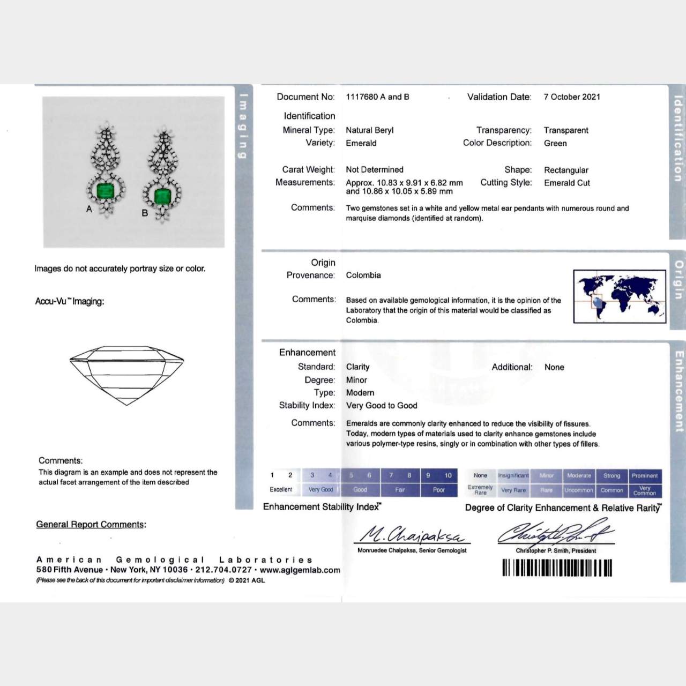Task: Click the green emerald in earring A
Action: (x=105, y=190)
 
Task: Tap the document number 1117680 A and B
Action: (x=377, y=97)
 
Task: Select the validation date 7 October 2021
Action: (x=572, y=97)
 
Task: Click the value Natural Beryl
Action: (x=369, y=130)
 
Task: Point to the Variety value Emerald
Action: (x=361, y=143)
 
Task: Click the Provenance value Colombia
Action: (x=363, y=275)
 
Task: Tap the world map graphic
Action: (x=619, y=296)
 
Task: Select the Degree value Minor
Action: (x=356, y=380)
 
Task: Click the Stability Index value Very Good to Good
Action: (x=381, y=406)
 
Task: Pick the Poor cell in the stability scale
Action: (x=439, y=490)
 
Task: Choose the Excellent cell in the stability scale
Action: (x=281, y=490)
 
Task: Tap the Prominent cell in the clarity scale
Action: (x=644, y=476)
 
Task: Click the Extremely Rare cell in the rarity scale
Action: (x=480, y=490)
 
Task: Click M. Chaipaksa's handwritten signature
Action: (x=411, y=534)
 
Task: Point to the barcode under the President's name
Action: (x=557, y=568)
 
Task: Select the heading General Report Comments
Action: (x=91, y=525)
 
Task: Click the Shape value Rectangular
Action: (x=566, y=170)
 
